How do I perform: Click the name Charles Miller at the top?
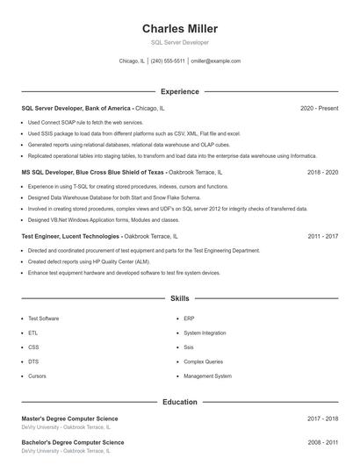click(x=180, y=29)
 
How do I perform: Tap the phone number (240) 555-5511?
click(x=167, y=61)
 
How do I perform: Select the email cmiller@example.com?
click(x=215, y=61)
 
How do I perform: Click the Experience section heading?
click(x=180, y=91)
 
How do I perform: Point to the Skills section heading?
click(x=180, y=299)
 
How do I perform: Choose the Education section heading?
click(x=180, y=402)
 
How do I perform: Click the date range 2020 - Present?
click(x=319, y=108)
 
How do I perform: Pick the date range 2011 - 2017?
click(x=323, y=237)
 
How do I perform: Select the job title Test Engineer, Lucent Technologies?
click(x=70, y=237)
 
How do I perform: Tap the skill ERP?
click(x=189, y=318)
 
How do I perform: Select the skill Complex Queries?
click(x=203, y=361)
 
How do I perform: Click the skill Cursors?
click(x=37, y=376)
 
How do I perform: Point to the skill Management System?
click(x=207, y=376)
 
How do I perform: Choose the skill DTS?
click(x=33, y=361)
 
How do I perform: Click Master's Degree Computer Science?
click(x=69, y=418)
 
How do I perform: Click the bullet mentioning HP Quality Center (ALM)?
click(x=88, y=261)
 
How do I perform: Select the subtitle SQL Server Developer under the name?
click(x=180, y=42)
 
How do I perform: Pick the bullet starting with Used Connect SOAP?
click(x=85, y=123)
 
